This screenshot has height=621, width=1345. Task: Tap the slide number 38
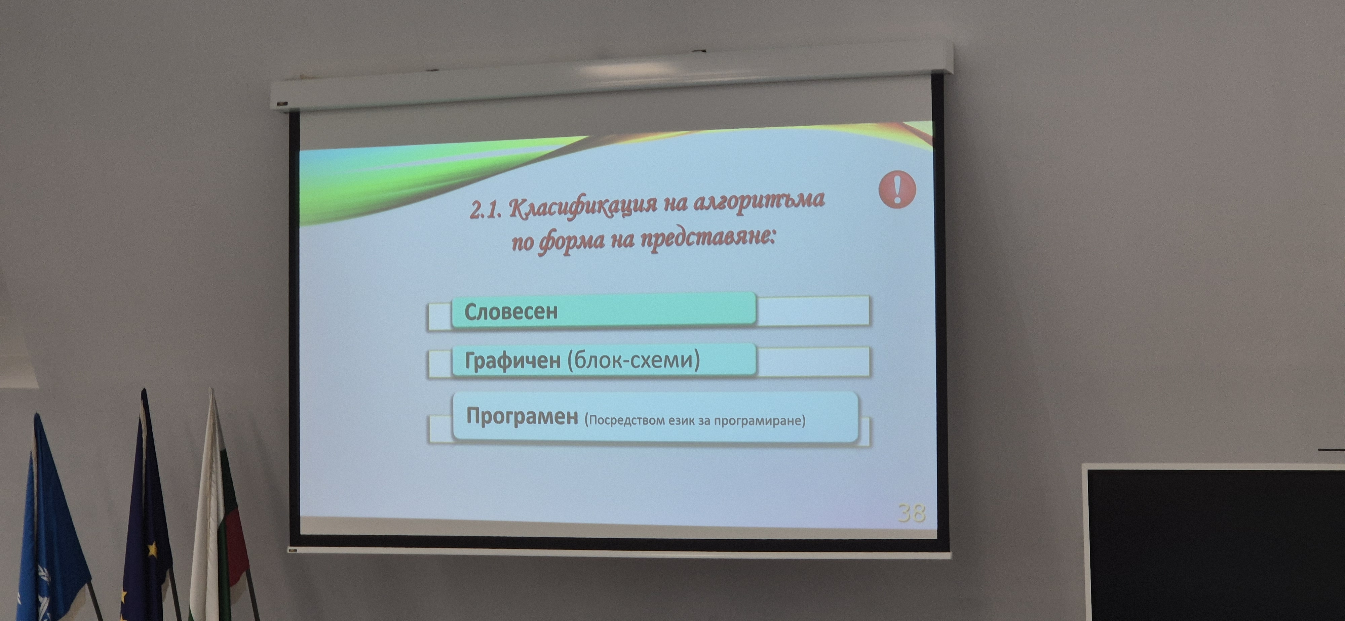(912, 513)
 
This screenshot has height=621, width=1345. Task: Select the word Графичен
(512, 361)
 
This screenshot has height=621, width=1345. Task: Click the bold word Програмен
(522, 416)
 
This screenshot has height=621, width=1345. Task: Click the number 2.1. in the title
(486, 210)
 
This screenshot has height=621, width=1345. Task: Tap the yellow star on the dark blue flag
(152, 549)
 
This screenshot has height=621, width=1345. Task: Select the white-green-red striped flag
(219, 516)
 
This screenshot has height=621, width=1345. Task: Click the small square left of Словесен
(439, 316)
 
